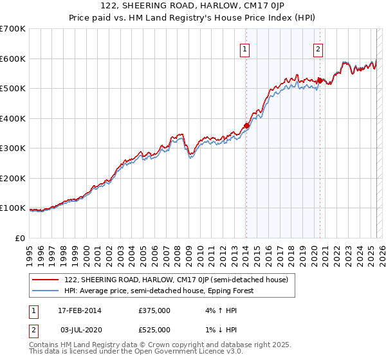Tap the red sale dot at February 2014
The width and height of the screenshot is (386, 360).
pyautogui.click(x=246, y=126)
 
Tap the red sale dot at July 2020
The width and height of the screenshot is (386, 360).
pyautogui.click(x=320, y=81)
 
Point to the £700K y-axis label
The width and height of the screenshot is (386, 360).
pyautogui.click(x=13, y=29)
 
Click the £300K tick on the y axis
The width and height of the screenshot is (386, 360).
pyautogui.click(x=13, y=148)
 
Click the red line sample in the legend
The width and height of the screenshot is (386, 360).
pyautogui.click(x=46, y=280)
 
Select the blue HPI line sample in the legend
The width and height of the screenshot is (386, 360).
pyautogui.click(x=46, y=291)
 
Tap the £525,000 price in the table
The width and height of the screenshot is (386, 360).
pyautogui.click(x=154, y=330)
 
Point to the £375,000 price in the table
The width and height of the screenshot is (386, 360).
pyautogui.click(x=154, y=311)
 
